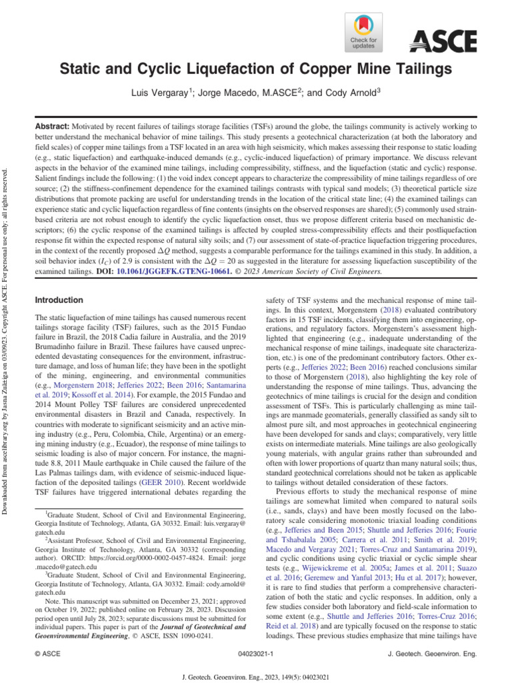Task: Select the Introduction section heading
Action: pos(59,301)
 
